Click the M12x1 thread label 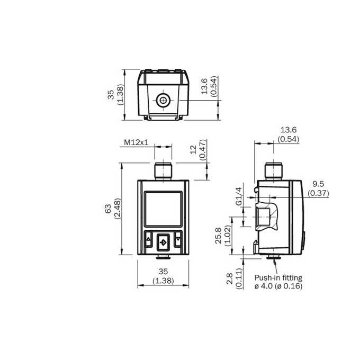click(x=136, y=142)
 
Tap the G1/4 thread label click(x=239, y=196)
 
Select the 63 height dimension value click(x=108, y=209)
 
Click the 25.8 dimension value click(x=218, y=236)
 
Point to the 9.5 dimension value click(x=318, y=184)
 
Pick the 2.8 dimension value click(x=230, y=278)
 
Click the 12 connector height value click(x=194, y=149)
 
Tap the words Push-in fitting click(x=278, y=278)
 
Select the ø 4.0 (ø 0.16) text click(x=278, y=286)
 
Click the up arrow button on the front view click(x=148, y=239)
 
